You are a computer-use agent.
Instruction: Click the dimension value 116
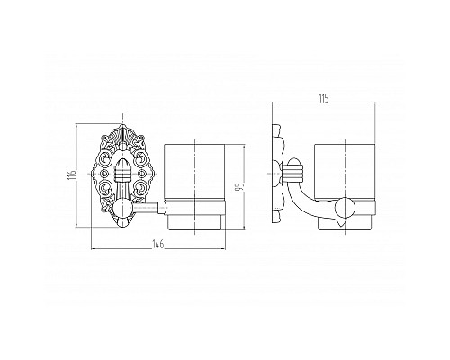coord(72,175)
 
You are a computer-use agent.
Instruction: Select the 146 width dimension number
coord(157,245)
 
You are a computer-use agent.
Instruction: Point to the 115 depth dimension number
coord(323,98)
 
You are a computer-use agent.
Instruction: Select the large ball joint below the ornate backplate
coord(122,208)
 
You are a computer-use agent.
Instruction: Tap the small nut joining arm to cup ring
coord(162,208)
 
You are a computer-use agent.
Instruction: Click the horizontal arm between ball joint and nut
coord(145,208)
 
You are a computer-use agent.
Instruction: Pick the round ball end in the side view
coord(346,208)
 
